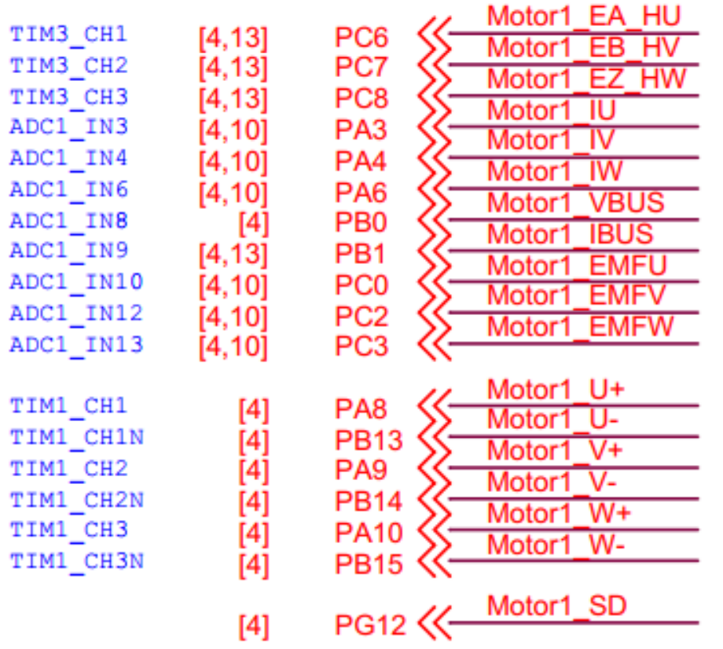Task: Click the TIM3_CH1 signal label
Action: (68, 35)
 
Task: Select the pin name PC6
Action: (361, 37)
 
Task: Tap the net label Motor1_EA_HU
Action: (583, 16)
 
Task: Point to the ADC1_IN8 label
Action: (68, 221)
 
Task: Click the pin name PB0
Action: (361, 223)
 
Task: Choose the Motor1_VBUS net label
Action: (575, 203)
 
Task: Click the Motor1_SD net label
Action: (556, 606)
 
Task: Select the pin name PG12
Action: (370, 625)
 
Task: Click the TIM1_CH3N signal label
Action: (76, 562)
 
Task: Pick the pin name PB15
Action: (369, 564)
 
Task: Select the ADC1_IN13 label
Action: (76, 344)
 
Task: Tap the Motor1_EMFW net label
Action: (580, 326)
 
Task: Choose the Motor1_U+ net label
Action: (556, 389)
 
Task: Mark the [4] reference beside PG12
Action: (253, 627)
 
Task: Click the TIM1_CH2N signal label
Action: (76, 500)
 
